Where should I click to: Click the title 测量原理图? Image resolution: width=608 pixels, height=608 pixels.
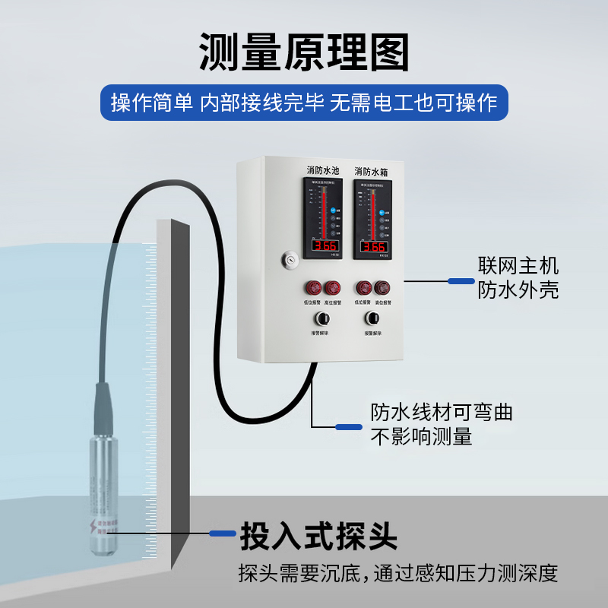(304, 52)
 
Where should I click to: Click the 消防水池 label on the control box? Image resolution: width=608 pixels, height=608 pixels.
(323, 171)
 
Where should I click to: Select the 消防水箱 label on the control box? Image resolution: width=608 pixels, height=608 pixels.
(372, 171)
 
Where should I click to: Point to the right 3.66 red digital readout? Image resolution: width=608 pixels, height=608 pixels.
(373, 245)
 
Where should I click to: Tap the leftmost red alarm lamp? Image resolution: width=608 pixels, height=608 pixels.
(313, 288)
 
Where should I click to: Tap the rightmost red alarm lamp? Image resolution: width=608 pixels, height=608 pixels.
(382, 288)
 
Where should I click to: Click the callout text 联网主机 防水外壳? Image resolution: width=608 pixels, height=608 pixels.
(518, 277)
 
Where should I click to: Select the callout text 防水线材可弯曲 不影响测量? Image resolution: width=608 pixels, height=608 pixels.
(441, 424)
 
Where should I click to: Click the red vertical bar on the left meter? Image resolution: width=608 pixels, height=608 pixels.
(322, 213)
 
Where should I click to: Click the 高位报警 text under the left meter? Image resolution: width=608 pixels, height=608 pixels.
(334, 303)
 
